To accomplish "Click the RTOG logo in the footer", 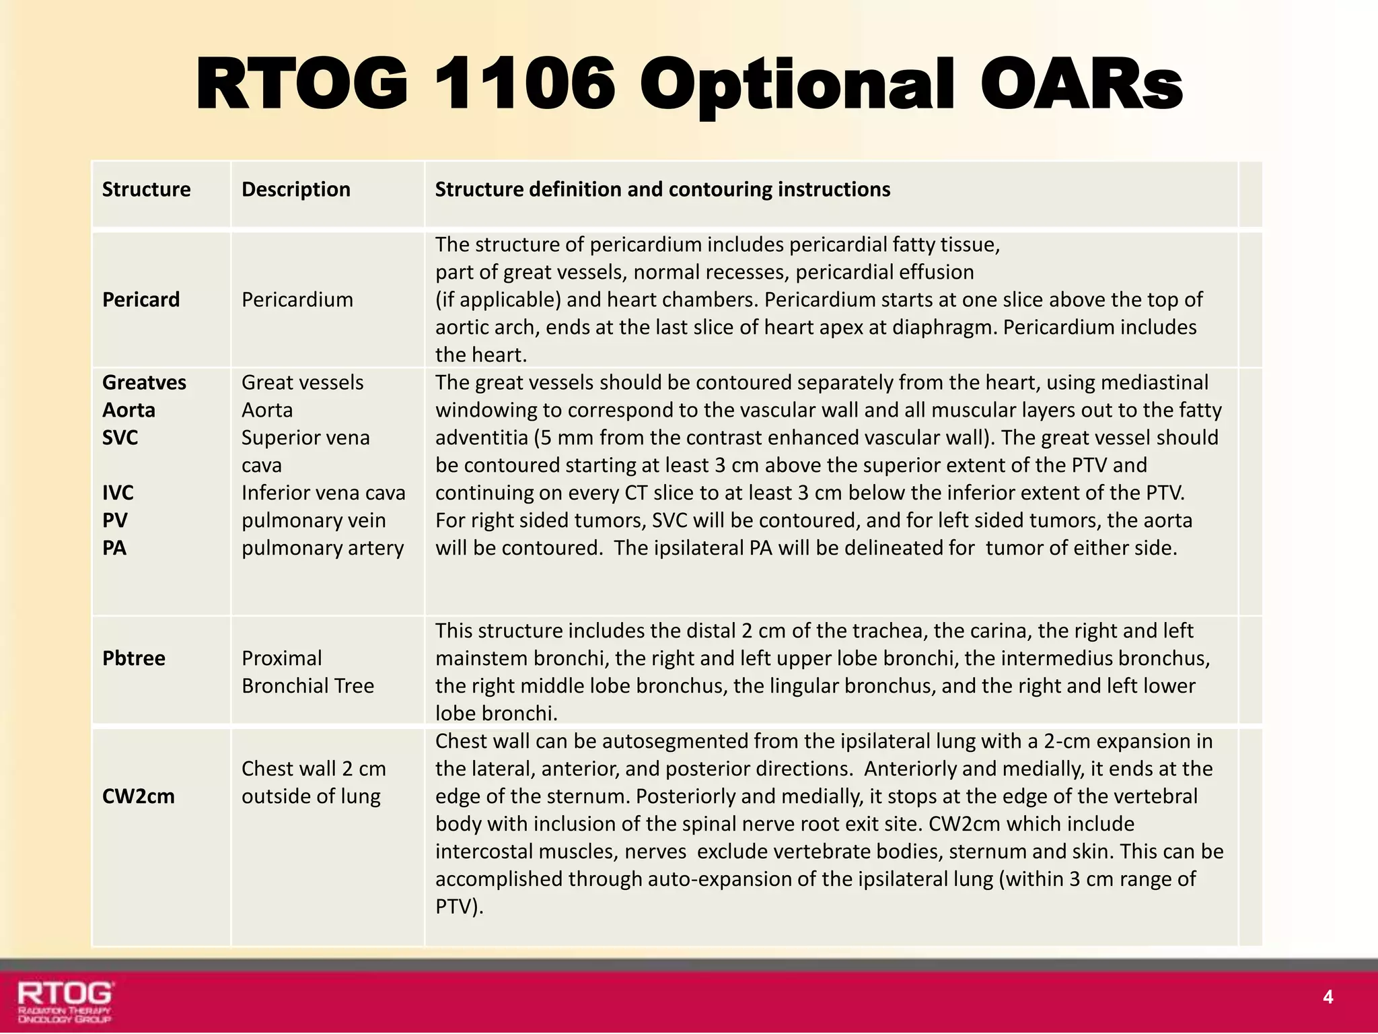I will click(65, 1001).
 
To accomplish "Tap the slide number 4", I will click(1328, 997).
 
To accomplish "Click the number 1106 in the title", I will click(525, 84).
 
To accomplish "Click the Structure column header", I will click(146, 190).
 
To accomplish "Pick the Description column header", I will click(296, 190).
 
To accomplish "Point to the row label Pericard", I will click(141, 300).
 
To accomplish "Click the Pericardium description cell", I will click(297, 300).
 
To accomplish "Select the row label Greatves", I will click(144, 382).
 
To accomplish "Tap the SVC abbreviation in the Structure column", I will click(120, 438).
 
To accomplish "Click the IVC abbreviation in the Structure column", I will click(118, 493).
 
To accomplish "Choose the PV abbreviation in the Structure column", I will click(114, 520).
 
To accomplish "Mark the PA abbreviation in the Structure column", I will click(114, 548).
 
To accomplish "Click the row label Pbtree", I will click(134, 658).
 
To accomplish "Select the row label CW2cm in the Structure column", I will click(139, 796).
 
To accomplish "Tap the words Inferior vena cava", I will click(324, 493).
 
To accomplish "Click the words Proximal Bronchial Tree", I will click(307, 672).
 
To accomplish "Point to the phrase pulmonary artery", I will click(323, 548).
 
